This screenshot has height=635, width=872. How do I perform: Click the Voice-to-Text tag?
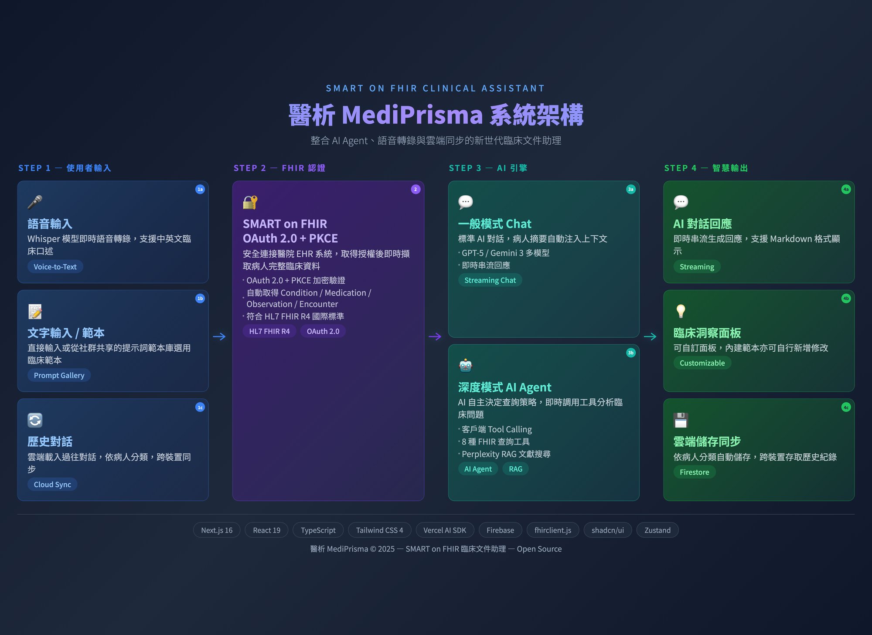click(x=55, y=267)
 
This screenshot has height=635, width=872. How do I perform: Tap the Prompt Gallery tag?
click(x=59, y=375)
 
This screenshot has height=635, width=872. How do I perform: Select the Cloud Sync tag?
click(x=52, y=484)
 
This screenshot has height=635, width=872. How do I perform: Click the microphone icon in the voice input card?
click(x=35, y=202)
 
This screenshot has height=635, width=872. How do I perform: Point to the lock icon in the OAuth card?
click(x=250, y=202)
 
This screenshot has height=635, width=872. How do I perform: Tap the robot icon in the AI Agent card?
click(x=466, y=366)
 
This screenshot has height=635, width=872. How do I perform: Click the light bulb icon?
click(x=681, y=311)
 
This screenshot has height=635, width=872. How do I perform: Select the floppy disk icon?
click(x=681, y=420)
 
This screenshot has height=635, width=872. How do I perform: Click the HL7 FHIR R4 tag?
click(x=269, y=331)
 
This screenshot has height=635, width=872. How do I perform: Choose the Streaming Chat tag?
click(x=490, y=280)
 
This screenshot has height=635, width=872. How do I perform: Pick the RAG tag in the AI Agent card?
click(x=515, y=469)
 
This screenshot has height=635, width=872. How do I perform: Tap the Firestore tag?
click(x=694, y=472)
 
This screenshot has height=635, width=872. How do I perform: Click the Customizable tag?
click(x=702, y=363)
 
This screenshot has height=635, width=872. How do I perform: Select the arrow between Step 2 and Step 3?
click(x=435, y=336)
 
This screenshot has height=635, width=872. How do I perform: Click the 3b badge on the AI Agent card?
click(x=630, y=353)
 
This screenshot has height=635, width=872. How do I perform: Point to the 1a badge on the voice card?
click(x=200, y=189)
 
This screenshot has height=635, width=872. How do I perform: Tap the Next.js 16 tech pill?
click(x=217, y=530)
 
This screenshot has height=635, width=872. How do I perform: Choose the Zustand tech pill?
click(x=657, y=530)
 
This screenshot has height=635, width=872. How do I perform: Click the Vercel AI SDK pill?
click(x=445, y=530)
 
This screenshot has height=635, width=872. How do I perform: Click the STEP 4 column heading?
click(x=706, y=168)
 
